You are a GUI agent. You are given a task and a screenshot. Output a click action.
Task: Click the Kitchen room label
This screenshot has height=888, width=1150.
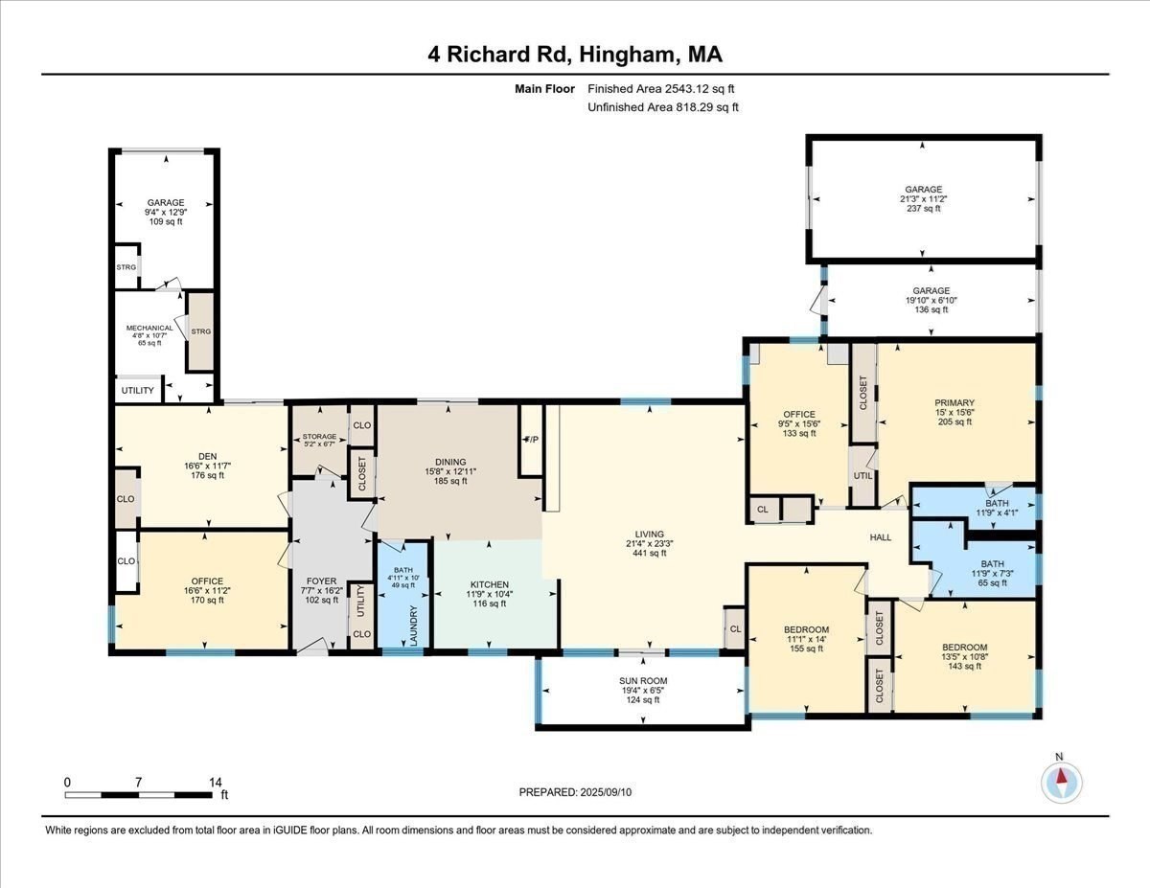tap(489, 584)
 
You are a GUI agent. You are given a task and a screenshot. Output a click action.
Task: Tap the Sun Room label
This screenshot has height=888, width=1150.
tap(642, 681)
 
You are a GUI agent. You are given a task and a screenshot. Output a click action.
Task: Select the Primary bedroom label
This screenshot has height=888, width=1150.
tap(954, 402)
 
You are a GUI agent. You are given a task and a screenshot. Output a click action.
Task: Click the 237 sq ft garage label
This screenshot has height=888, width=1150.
tap(924, 209)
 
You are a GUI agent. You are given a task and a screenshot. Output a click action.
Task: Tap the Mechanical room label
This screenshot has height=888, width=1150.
tap(149, 328)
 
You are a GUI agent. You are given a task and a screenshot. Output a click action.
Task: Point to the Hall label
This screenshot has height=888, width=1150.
tap(880, 537)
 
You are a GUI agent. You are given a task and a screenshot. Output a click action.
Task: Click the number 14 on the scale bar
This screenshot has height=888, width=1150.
tap(215, 782)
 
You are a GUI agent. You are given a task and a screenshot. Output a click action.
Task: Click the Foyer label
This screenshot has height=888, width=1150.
tap(321, 581)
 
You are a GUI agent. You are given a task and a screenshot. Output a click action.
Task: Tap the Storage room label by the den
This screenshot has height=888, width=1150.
tap(320, 437)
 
